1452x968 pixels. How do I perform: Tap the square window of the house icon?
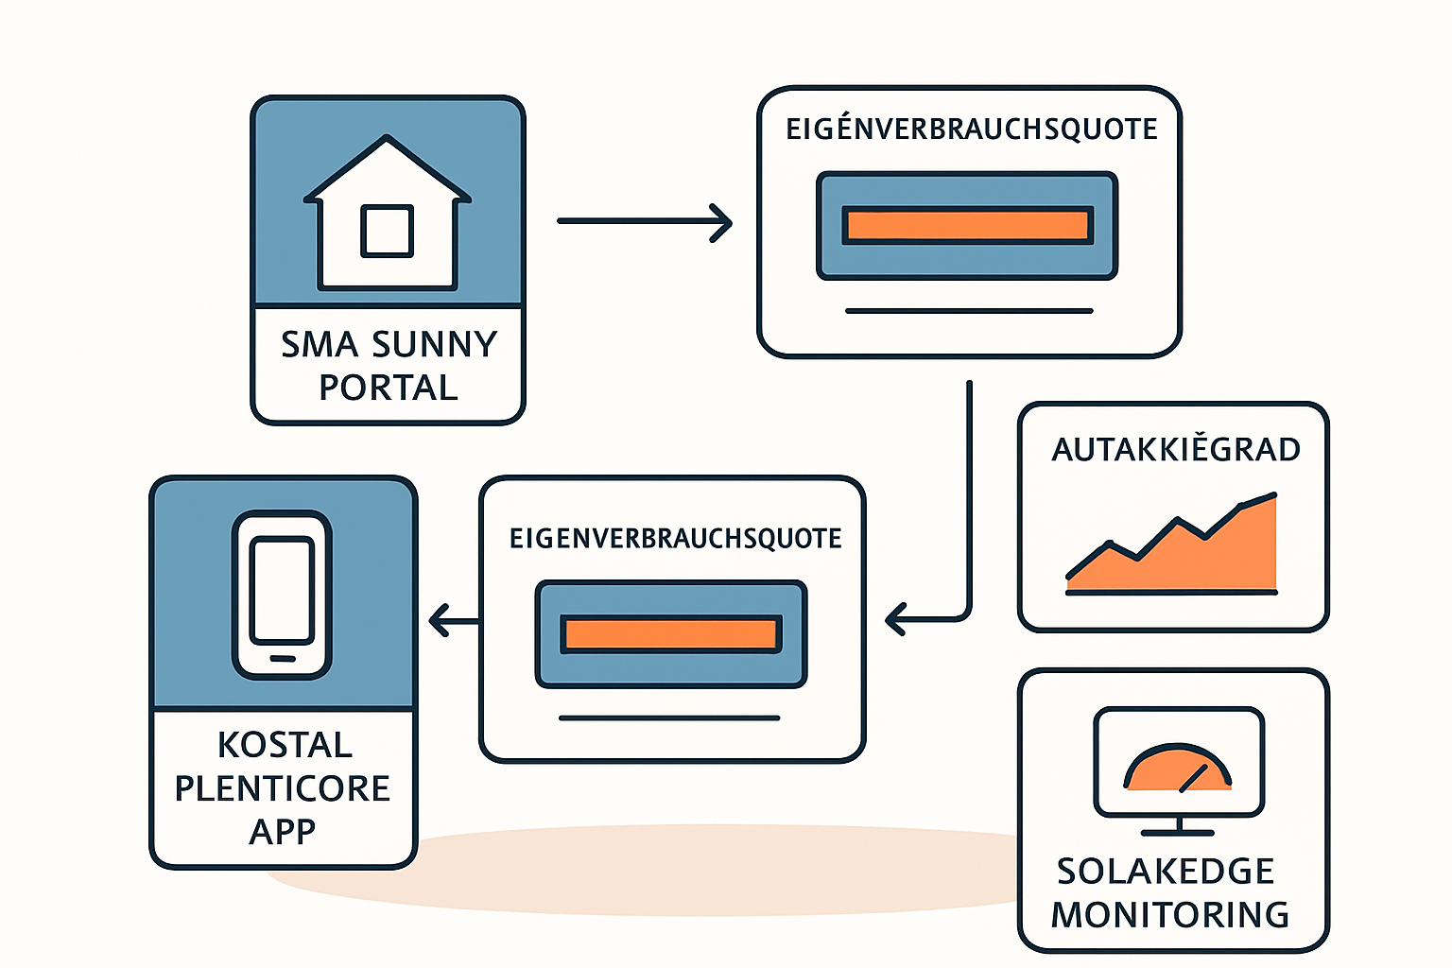coord(387,231)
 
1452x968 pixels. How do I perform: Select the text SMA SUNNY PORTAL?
coord(389,366)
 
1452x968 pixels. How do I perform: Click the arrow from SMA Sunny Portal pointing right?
coord(645,222)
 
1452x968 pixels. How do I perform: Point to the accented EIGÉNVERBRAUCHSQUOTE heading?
coord(972,128)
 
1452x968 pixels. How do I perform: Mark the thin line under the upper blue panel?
coord(969,311)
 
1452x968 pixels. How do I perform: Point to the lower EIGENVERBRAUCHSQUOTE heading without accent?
coord(676,539)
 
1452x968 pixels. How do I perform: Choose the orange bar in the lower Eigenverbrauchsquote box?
coord(671,634)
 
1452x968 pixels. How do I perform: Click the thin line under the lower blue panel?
coord(669,717)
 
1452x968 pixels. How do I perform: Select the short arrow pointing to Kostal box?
coord(454,620)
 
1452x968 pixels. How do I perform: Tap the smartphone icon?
coord(282,595)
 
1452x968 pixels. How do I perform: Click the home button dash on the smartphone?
coord(282,659)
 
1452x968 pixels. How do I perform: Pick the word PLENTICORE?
coord(283,787)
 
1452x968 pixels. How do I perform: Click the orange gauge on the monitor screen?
coord(1177,768)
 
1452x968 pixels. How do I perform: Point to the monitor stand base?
coord(1178,833)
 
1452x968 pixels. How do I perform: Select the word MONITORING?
coord(1170,914)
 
